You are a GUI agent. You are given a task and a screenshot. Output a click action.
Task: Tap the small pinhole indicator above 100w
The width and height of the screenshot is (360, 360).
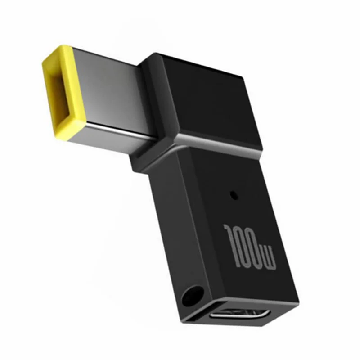[x=233, y=195]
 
